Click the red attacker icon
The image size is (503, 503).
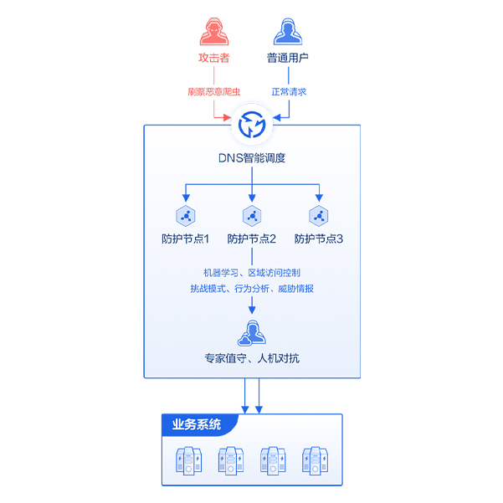point(214,30)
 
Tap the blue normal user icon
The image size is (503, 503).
point(288,30)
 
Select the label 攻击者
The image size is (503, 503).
point(214,59)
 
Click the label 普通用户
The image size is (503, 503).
point(288,59)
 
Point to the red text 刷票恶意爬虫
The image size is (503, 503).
point(213,91)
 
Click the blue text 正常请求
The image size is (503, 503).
point(289,91)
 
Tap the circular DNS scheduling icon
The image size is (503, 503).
point(252,126)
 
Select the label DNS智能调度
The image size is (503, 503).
point(252,157)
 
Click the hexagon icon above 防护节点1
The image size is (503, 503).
point(185,215)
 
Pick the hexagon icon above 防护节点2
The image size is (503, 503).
point(252,215)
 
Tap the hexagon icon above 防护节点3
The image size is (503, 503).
point(318,215)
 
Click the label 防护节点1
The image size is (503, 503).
point(185,239)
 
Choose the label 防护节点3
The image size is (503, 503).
point(318,239)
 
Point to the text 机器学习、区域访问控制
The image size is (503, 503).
point(252,273)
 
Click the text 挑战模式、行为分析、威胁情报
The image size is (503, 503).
point(252,289)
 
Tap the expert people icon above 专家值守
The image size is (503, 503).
point(252,332)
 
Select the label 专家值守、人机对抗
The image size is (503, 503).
point(252,358)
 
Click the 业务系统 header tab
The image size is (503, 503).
point(198,424)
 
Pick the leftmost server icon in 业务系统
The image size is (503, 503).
point(188,461)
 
